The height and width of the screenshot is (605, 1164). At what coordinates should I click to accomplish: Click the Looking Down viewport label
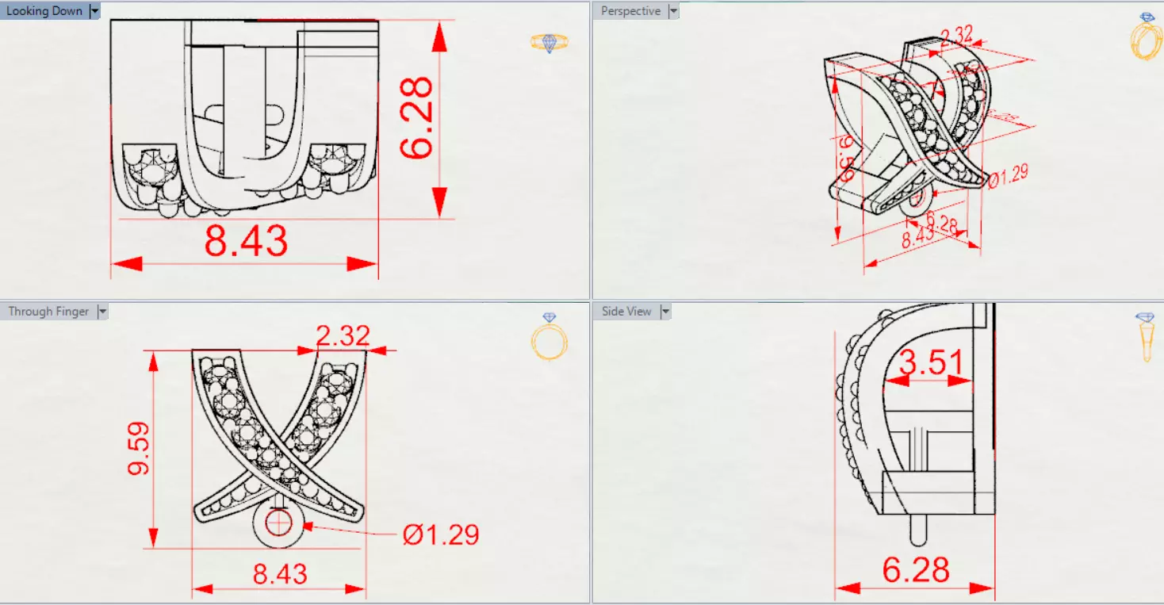click(x=44, y=11)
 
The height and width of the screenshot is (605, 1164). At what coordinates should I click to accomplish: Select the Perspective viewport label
click(x=630, y=11)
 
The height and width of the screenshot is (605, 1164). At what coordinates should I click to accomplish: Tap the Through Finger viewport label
click(x=48, y=312)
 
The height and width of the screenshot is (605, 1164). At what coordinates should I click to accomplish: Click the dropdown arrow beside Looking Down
click(x=95, y=11)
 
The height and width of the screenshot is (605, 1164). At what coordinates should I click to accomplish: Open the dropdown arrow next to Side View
click(x=665, y=312)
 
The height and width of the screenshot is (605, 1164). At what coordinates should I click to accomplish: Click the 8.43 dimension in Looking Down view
click(x=246, y=240)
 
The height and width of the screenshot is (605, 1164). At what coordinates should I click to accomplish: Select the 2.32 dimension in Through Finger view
click(x=343, y=335)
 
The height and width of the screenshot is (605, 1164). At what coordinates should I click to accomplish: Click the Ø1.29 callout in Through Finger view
click(x=440, y=534)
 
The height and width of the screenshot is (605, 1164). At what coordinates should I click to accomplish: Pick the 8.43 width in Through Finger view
click(x=280, y=573)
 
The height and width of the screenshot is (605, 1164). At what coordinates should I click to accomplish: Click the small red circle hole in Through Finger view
click(x=278, y=523)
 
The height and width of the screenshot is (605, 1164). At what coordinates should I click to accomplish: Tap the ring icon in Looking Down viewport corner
click(x=549, y=43)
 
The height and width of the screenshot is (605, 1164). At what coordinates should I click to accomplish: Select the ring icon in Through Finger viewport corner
click(x=549, y=336)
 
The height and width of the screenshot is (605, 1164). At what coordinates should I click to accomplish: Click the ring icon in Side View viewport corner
click(x=1146, y=336)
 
